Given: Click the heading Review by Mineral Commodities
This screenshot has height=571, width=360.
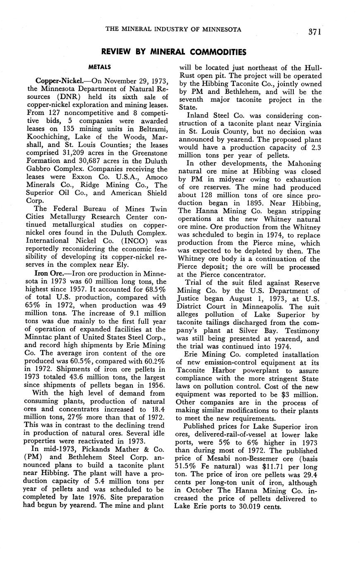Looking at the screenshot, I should tap(174, 52).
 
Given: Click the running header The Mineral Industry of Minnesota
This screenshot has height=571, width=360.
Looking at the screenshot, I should tap(174, 29).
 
